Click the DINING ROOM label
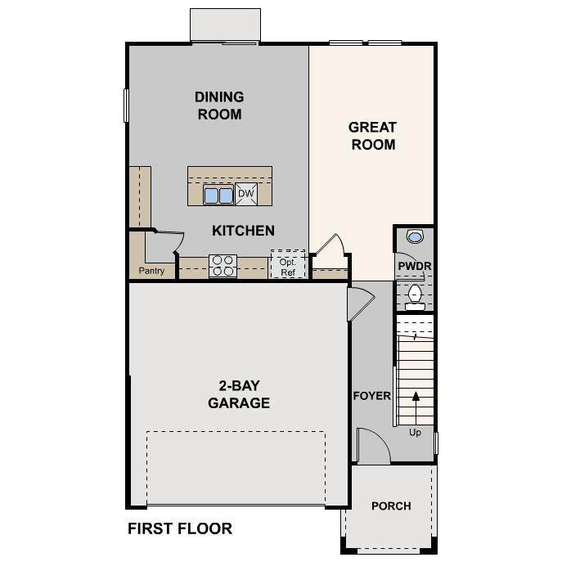pos(219,106)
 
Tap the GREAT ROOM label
pos(372,136)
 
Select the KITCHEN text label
pos(243,231)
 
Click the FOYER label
pos(371,396)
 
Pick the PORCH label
pos(391,506)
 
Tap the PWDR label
pos(414,267)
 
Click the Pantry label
pos(151,271)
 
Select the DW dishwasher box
pos(246,194)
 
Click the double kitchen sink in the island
pos(218,195)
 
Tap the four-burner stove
pos(223,265)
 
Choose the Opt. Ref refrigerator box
pos(287,264)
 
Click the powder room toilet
pos(415,296)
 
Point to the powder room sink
pos(415,237)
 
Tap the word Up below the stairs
pos(415,433)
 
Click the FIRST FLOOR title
pos(180,529)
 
